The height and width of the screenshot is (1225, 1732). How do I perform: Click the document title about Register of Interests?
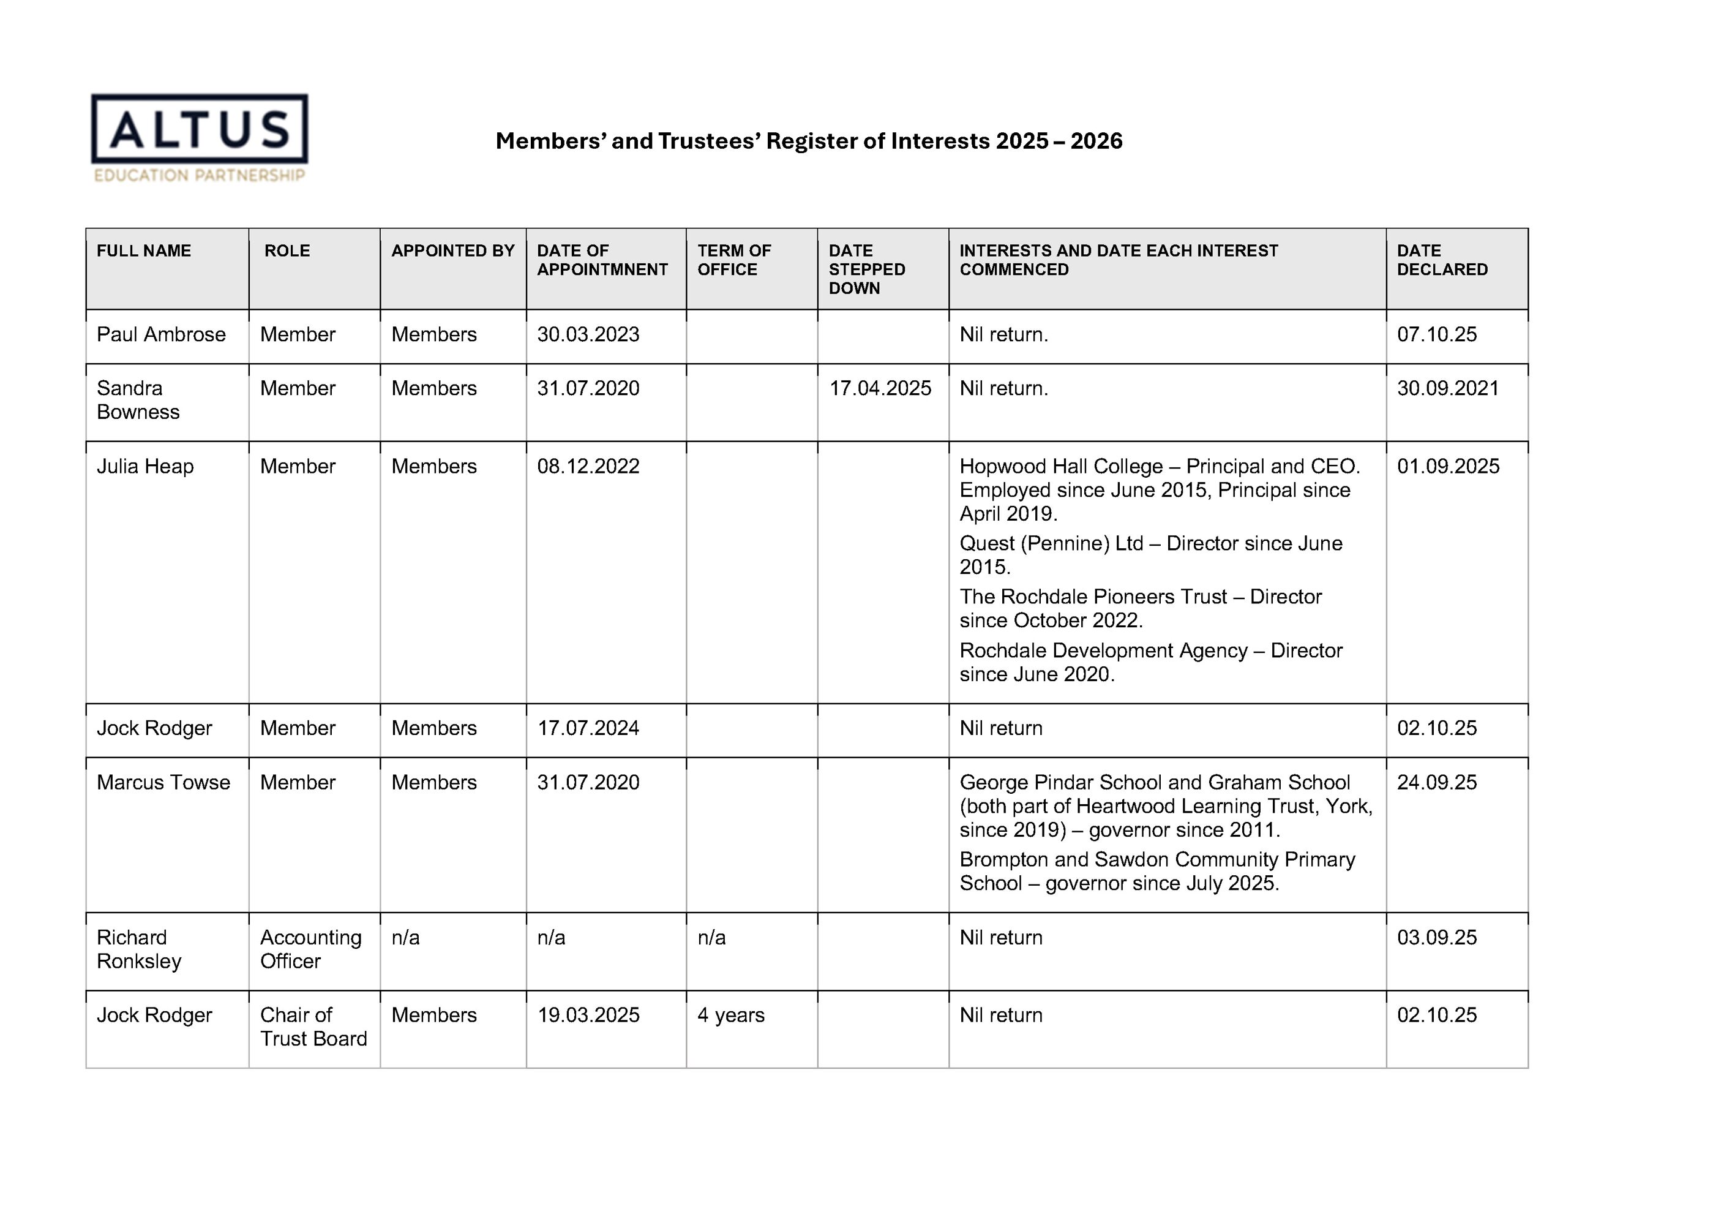(x=809, y=141)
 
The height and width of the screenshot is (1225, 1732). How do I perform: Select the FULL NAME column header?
(x=143, y=251)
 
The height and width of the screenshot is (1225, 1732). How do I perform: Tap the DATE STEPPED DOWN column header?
(x=867, y=269)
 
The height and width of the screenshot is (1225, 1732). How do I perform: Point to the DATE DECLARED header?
(x=1442, y=260)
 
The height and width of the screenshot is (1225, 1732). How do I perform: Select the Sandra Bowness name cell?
(x=138, y=400)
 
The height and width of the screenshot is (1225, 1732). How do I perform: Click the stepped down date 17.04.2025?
(x=880, y=388)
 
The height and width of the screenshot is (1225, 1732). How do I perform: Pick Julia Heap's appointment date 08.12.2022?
(x=588, y=467)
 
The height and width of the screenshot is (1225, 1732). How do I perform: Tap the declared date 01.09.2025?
(x=1447, y=467)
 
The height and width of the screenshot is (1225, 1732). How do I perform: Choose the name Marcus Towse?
(x=163, y=782)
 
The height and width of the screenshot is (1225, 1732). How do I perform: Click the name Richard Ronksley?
(x=139, y=949)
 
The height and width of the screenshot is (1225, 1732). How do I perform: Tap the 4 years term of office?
(x=730, y=1015)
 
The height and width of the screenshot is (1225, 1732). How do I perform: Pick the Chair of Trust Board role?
(x=313, y=1027)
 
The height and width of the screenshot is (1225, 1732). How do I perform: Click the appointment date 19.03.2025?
(x=588, y=1015)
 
